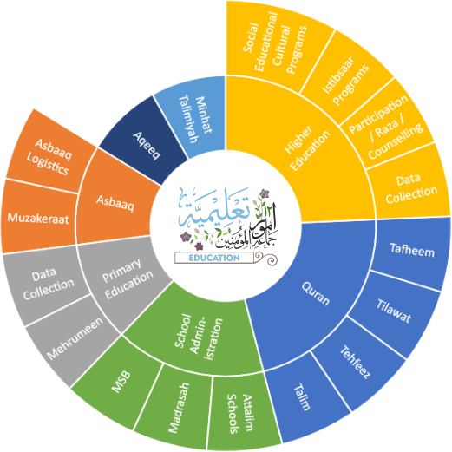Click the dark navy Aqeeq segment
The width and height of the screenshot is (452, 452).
pyautogui.click(x=144, y=141)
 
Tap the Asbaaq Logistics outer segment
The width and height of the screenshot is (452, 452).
pyautogui.click(x=49, y=154)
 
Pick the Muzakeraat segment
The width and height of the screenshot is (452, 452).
pyautogui.click(x=38, y=218)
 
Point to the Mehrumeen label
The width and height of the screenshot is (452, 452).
pyautogui.click(x=75, y=338)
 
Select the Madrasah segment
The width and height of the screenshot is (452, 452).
pyautogui.click(x=177, y=408)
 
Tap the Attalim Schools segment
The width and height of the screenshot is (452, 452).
pyautogui.click(x=241, y=414)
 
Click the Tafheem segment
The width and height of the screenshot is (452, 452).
pyautogui.click(x=412, y=251)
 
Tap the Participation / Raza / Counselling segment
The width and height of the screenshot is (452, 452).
pyautogui.click(x=386, y=128)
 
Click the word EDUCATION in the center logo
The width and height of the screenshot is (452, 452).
pyautogui.click(x=214, y=258)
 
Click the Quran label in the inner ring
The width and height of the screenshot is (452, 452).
pyautogui.click(x=315, y=293)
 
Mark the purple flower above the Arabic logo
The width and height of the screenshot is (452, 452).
pyautogui.click(x=264, y=193)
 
